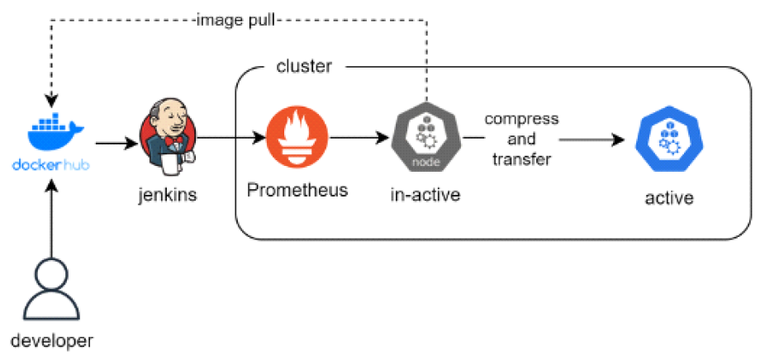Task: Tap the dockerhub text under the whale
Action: click(x=51, y=164)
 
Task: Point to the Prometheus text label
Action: click(x=297, y=190)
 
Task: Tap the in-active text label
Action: click(x=425, y=195)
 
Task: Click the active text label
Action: click(x=669, y=198)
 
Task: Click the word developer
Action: click(x=51, y=340)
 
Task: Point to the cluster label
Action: click(x=304, y=67)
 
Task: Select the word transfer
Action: click(x=521, y=159)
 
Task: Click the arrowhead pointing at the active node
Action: click(x=618, y=140)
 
